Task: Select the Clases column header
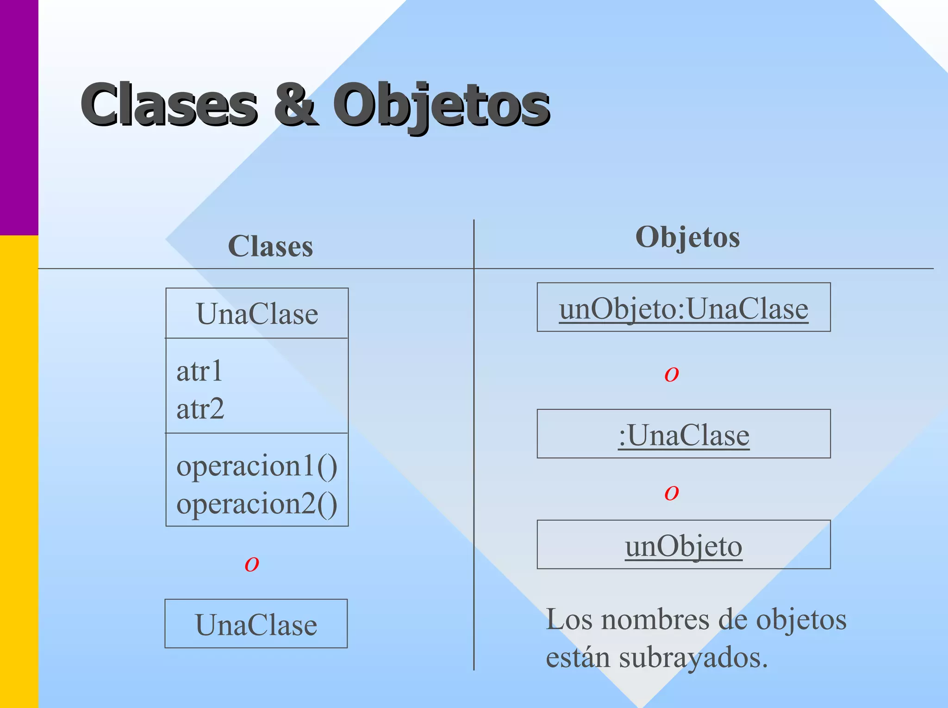point(270,246)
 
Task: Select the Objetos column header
point(687,237)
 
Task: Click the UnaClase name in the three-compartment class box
point(257,314)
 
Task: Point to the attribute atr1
point(200,371)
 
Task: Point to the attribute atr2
point(200,409)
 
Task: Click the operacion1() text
point(257,466)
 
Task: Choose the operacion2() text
point(257,504)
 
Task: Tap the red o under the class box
point(252,564)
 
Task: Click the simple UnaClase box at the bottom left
point(256,624)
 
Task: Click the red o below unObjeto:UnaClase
point(672,374)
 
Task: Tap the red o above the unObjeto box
point(672,493)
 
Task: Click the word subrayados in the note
point(693,658)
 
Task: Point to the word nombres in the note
point(655,620)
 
